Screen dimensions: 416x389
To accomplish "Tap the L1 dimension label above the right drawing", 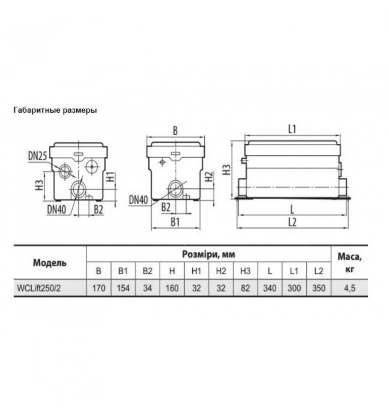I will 292,130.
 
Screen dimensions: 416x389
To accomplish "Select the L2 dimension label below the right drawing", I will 292,222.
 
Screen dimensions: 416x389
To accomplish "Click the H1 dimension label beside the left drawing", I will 109,176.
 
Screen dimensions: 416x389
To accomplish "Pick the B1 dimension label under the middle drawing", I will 174,222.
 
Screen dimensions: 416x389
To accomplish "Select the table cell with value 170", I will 99,288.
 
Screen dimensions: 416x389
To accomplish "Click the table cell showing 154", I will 123,288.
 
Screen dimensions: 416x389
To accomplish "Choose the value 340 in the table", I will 269,288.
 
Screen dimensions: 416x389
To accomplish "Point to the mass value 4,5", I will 349,288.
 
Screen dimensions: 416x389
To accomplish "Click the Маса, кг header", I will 349,262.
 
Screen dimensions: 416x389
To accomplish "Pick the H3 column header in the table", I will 245,271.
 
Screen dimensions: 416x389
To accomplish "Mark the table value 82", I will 245,288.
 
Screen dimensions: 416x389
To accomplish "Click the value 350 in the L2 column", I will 318,288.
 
